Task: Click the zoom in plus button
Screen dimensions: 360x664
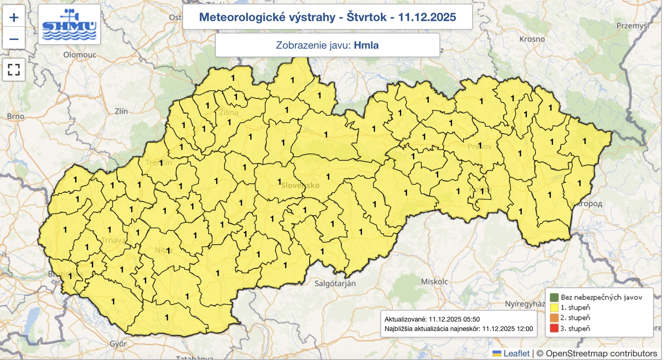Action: (x=14, y=17)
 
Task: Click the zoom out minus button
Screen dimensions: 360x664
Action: (x=14, y=39)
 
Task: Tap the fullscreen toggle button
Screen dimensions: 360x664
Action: (x=14, y=69)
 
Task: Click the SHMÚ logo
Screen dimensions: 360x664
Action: (x=69, y=24)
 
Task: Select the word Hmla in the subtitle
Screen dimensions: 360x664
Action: (x=366, y=45)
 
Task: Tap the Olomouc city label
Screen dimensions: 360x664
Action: (x=80, y=55)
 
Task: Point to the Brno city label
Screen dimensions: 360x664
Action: (x=16, y=117)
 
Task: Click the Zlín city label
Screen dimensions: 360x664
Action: (x=121, y=111)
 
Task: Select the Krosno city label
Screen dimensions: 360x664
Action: (x=532, y=39)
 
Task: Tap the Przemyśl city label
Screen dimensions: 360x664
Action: (x=632, y=26)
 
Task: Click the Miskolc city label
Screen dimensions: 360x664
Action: (x=435, y=282)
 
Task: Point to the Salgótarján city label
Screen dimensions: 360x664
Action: (x=335, y=284)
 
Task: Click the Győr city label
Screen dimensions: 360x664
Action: (x=118, y=344)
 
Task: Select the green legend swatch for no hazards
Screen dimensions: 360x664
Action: (x=554, y=297)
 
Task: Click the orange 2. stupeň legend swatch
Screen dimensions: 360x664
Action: (x=554, y=318)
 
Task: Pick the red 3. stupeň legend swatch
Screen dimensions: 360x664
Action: (x=554, y=328)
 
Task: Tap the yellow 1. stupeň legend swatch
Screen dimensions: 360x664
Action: (x=554, y=308)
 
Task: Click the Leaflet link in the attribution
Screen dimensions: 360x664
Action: (x=516, y=353)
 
